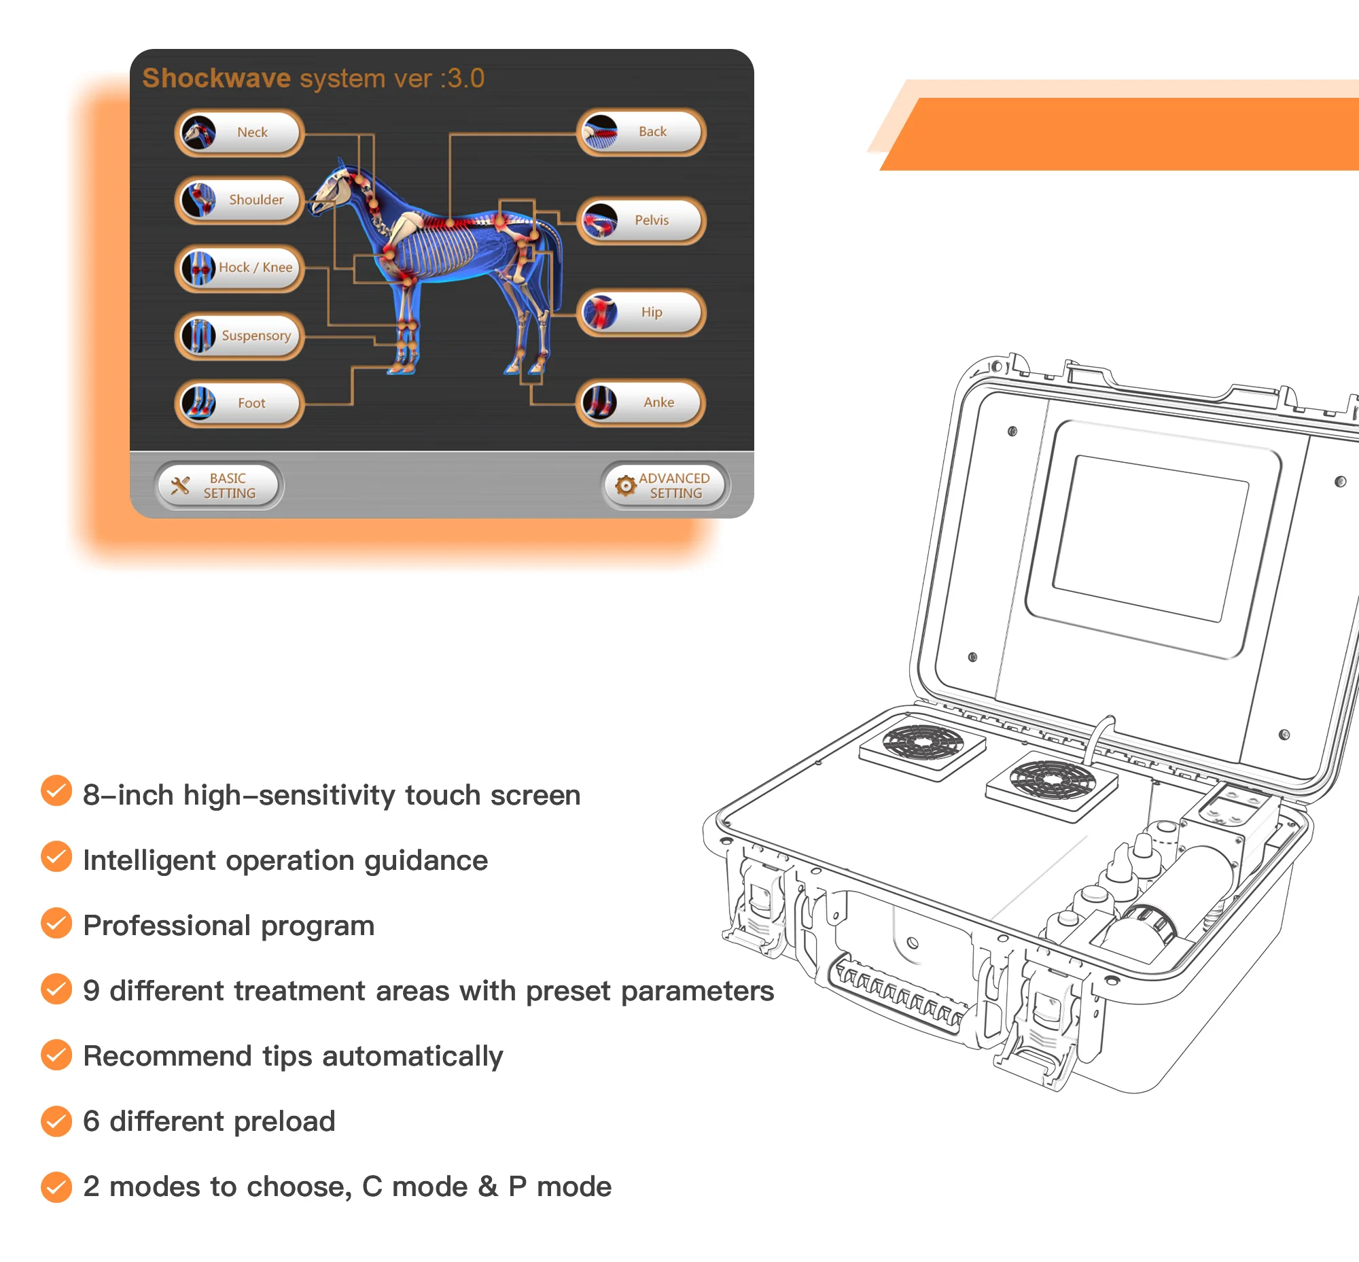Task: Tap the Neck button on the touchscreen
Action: [x=239, y=133]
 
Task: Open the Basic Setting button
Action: [x=219, y=485]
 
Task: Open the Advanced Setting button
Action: [x=665, y=485]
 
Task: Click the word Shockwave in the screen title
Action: [x=217, y=79]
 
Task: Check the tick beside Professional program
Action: [x=56, y=924]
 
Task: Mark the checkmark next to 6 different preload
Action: [x=56, y=1121]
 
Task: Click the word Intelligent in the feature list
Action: [x=149, y=861]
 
